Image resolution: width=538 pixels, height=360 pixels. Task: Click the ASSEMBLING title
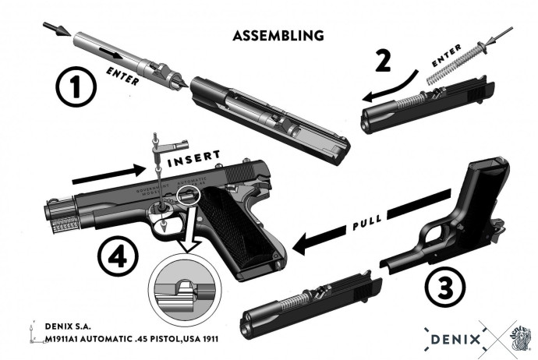pos(278,36)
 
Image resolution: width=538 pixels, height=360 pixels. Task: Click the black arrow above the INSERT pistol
pos(105,174)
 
